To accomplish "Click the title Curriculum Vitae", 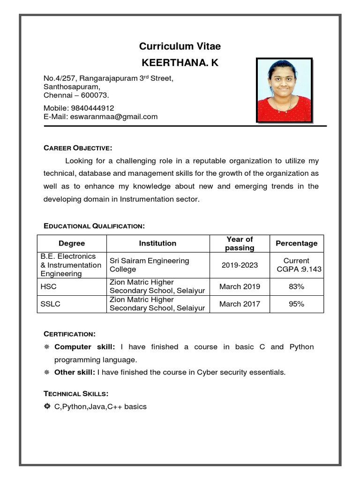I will (180, 46).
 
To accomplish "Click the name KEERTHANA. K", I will (180, 63).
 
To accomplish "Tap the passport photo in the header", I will (284, 90).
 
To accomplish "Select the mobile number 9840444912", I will (92, 108).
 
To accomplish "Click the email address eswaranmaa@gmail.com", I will (114, 117).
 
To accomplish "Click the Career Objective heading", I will (78, 148).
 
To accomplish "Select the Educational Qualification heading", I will (94, 226).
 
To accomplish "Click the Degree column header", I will (72, 243).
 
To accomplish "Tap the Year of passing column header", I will (240, 243).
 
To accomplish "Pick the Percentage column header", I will (296, 243).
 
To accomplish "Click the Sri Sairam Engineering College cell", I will (149, 265).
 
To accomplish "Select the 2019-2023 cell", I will (240, 265).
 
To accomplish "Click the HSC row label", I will (48, 286).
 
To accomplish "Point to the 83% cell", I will (296, 286).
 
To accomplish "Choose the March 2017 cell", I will (240, 304).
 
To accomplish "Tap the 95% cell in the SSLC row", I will (296, 304).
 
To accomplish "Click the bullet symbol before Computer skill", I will (47, 347).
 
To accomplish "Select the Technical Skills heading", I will (76, 393).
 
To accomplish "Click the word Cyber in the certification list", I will (207, 372).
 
